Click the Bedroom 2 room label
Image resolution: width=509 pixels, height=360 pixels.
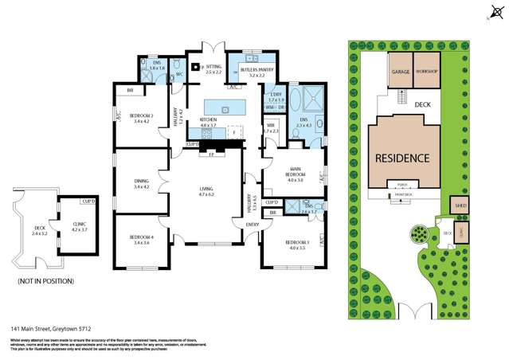pos(141,118)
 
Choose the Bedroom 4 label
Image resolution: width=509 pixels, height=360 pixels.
pos(141,239)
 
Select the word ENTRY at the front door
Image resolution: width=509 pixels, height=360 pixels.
pos(253,225)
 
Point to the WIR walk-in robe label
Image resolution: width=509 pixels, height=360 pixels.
pos(270,126)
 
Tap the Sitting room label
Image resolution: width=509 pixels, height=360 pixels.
pos(213,68)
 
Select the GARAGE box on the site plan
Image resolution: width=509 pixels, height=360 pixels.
pos(399,71)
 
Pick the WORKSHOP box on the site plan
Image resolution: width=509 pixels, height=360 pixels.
pos(427,71)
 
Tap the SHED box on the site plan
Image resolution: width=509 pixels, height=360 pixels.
pos(460,205)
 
